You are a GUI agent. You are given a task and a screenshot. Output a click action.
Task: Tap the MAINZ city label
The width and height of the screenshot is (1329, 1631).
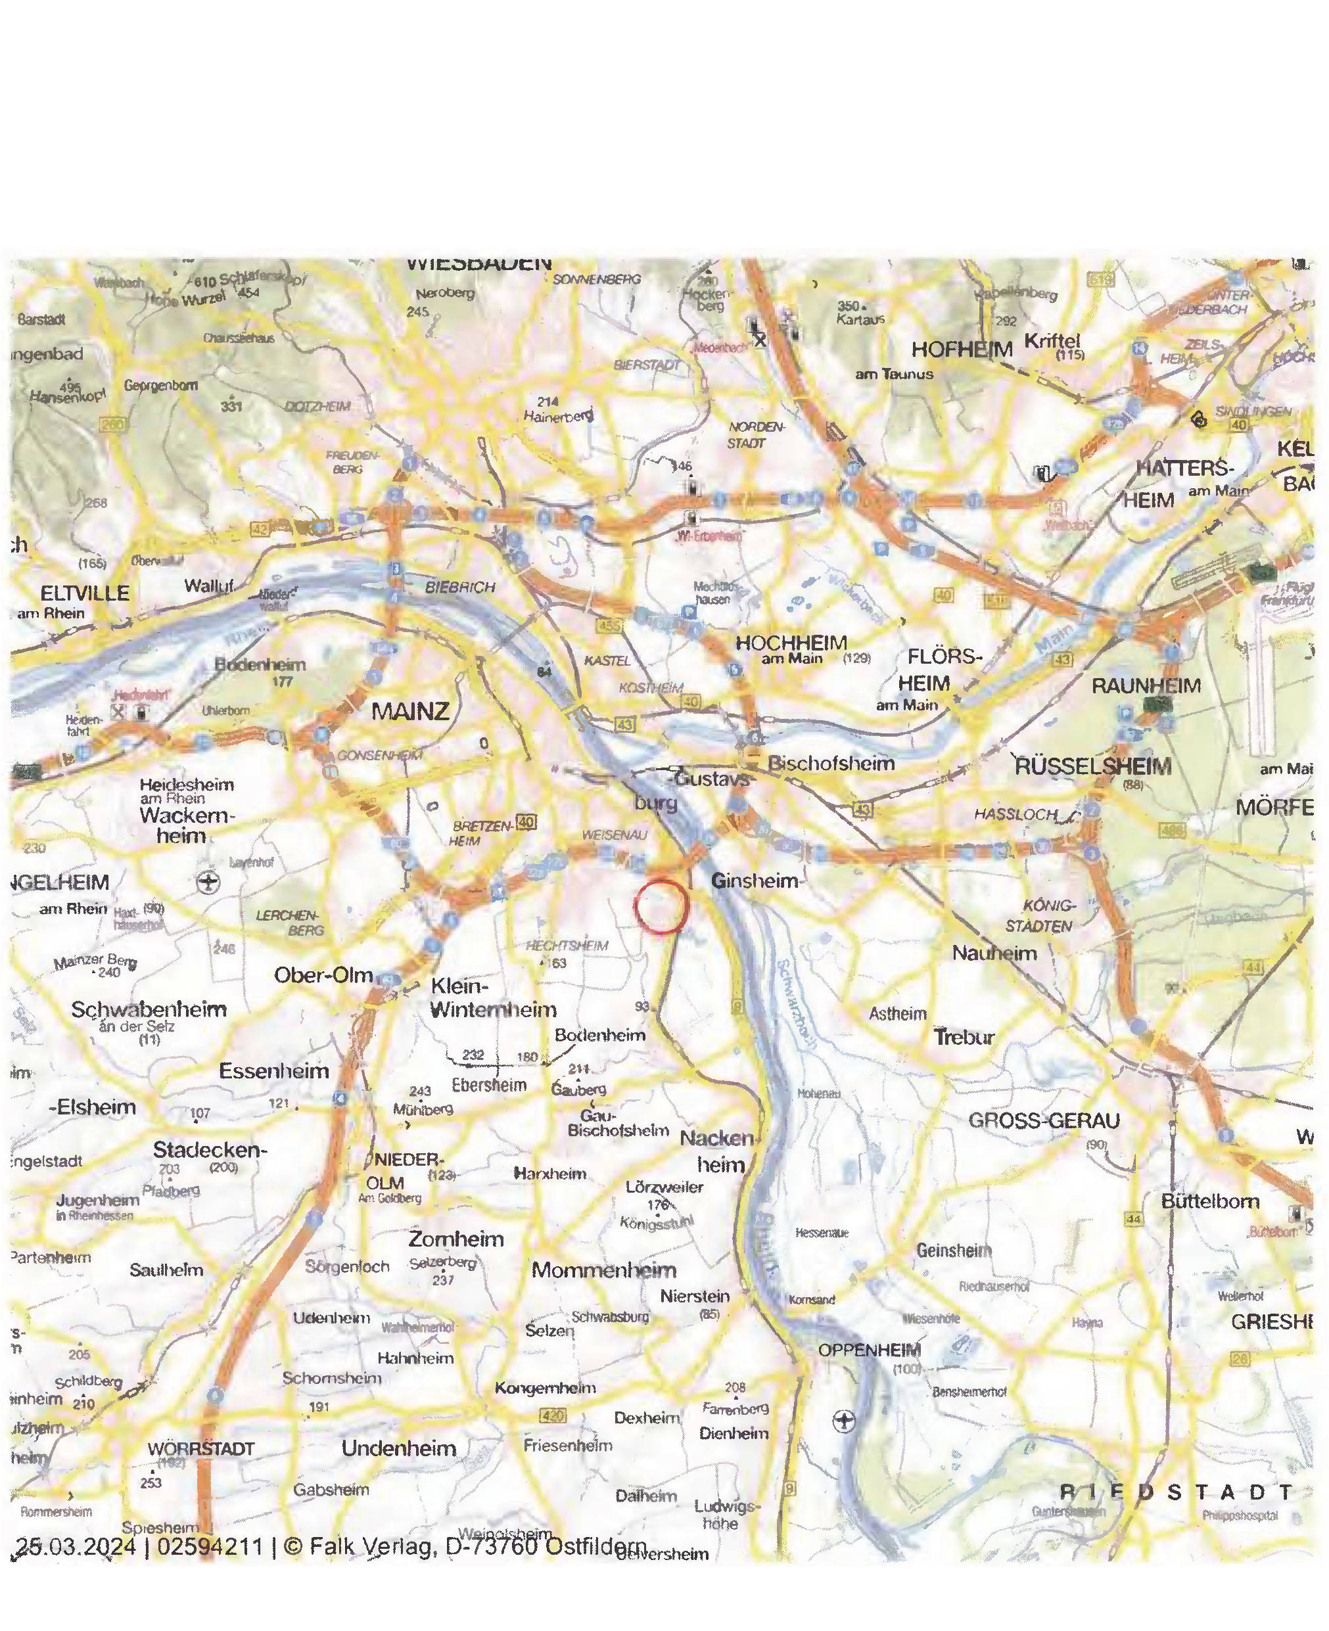click(x=410, y=712)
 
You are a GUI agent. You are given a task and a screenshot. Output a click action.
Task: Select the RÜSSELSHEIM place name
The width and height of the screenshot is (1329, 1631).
click(x=1092, y=766)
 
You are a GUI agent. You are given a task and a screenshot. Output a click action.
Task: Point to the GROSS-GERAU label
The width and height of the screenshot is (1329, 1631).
click(x=1044, y=1120)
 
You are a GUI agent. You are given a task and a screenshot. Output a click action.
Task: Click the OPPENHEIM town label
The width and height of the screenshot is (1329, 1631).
click(x=870, y=1350)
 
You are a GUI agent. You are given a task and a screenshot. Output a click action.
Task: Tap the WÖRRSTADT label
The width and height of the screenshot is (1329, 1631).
click(x=200, y=1449)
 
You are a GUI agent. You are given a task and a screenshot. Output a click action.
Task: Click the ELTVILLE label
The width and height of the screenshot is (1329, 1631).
click(x=85, y=593)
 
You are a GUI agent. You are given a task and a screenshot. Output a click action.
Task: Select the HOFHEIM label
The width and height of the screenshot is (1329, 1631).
click(x=962, y=350)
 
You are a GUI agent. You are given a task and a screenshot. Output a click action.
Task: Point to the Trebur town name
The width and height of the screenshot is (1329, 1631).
click(x=964, y=1037)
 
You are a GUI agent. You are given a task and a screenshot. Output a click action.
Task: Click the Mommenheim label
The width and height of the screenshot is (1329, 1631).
click(x=604, y=1270)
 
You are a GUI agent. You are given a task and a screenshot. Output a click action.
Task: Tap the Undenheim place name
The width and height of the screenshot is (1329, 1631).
click(x=399, y=1448)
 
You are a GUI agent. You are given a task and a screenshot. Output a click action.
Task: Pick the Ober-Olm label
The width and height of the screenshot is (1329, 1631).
click(x=323, y=976)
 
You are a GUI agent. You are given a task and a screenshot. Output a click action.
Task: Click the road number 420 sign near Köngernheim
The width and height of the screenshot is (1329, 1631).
click(x=552, y=1416)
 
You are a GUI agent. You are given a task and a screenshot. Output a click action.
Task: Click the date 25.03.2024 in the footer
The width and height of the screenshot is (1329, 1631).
click(x=76, y=1547)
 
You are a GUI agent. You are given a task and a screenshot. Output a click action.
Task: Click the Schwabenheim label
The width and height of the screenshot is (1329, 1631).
click(x=149, y=1009)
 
